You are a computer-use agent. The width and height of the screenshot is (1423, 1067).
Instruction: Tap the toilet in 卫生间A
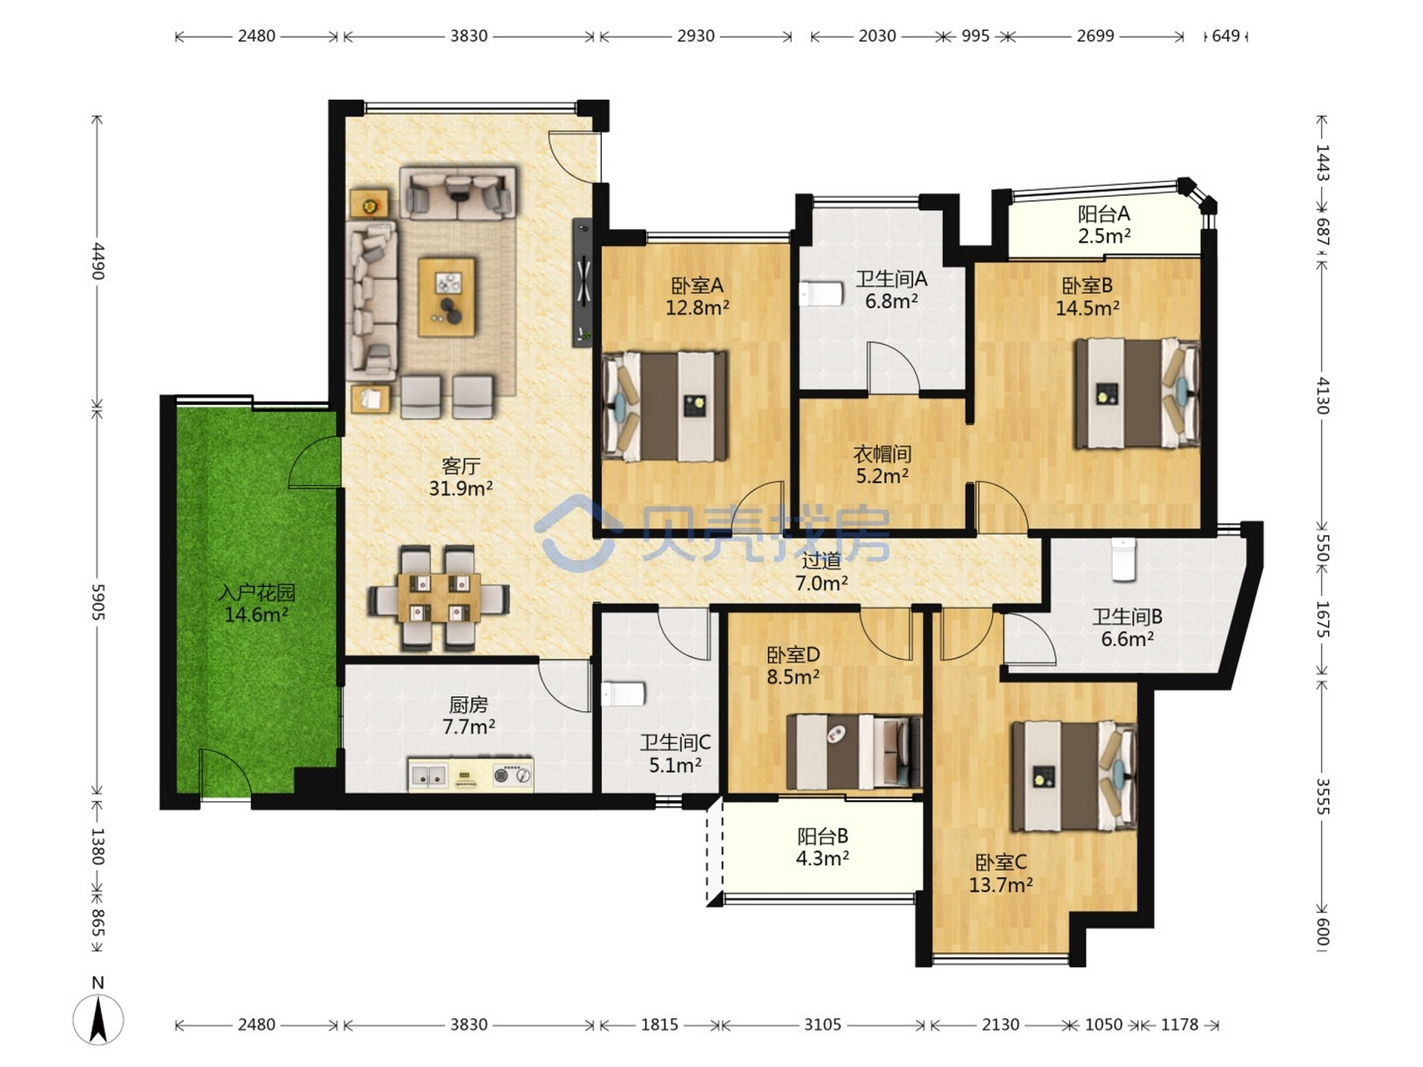(821, 294)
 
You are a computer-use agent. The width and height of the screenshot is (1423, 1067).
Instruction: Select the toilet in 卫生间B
(1124, 559)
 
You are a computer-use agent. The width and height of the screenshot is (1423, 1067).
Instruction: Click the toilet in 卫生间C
(623, 694)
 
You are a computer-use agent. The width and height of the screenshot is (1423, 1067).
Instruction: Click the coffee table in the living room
(447, 297)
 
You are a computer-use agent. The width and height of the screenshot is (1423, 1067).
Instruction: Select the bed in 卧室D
(854, 751)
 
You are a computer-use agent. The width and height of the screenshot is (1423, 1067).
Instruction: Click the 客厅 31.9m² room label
(461, 477)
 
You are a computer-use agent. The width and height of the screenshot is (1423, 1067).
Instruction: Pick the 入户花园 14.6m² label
(257, 604)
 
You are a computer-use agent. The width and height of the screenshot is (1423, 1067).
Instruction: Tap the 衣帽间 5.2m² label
(882, 465)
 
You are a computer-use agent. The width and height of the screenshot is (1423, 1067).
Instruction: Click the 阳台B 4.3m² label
(823, 847)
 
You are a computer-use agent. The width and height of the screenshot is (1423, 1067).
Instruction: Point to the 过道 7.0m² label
(821, 572)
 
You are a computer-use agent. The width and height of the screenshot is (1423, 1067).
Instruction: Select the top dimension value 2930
(695, 36)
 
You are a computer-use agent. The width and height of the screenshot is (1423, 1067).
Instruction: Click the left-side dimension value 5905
(98, 601)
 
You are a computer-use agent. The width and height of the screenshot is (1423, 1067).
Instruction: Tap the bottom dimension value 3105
(822, 1024)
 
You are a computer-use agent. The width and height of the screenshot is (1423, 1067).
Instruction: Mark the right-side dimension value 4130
(1323, 395)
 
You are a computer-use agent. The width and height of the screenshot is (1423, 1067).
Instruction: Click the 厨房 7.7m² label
(468, 716)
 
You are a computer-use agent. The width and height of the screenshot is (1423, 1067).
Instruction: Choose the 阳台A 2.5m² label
(1104, 225)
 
